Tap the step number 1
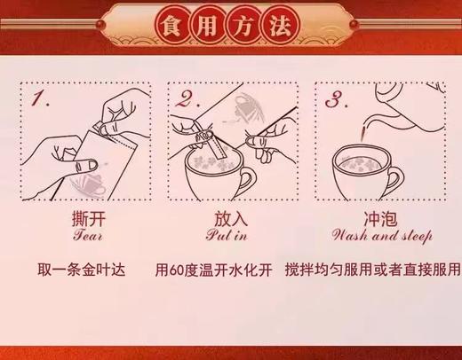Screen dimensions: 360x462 tap(39, 98)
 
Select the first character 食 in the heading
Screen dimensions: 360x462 tap(171, 27)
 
